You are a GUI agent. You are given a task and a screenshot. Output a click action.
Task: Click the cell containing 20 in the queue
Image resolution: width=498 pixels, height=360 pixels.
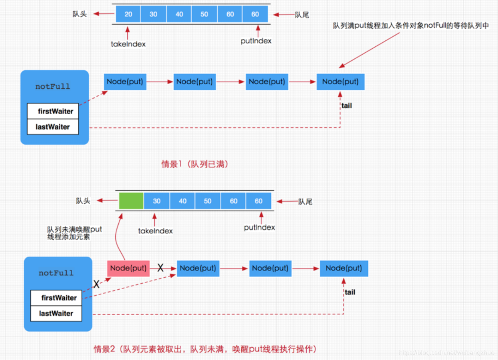tap(128, 14)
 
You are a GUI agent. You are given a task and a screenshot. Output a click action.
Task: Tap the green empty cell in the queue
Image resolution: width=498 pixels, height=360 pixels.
tap(131, 201)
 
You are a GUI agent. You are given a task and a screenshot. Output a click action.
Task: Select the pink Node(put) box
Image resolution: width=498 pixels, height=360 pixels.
tap(128, 268)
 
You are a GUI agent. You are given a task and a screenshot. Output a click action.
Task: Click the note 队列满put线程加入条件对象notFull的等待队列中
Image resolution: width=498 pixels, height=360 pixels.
tap(411, 26)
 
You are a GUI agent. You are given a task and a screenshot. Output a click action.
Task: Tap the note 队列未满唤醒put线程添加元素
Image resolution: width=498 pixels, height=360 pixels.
tap(74, 233)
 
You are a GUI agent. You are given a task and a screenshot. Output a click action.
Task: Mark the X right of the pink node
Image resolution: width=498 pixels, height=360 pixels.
tap(161, 268)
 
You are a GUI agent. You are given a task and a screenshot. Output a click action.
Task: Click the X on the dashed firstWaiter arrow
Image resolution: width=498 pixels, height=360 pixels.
tap(96, 284)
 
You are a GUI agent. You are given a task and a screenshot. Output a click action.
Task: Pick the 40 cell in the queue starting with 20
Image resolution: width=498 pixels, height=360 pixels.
tap(179, 14)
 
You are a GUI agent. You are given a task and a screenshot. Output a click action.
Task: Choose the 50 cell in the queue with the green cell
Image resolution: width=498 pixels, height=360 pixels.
tap(208, 201)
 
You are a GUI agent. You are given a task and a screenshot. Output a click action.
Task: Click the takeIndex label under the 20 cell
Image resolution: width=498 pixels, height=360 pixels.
tap(128, 44)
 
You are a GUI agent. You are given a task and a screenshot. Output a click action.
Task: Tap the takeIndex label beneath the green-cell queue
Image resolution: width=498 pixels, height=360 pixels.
tap(155, 231)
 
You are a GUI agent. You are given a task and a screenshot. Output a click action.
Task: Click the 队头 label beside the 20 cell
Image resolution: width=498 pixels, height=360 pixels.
tap(79, 14)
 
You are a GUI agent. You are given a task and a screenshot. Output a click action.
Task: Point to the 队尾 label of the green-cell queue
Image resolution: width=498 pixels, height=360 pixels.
tap(305, 202)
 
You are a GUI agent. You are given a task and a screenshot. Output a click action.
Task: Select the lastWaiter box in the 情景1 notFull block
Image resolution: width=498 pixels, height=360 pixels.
tap(53, 127)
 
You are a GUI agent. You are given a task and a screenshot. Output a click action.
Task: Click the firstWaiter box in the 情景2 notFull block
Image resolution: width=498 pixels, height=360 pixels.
tap(59, 298)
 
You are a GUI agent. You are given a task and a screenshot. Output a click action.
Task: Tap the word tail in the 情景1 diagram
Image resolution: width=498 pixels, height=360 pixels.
tap(347, 106)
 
